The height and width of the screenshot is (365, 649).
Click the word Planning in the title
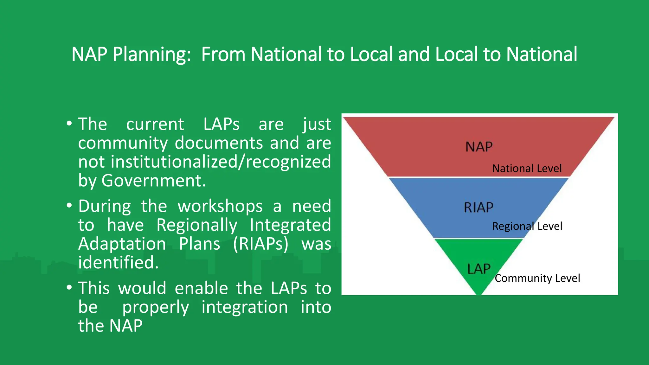(x=151, y=54)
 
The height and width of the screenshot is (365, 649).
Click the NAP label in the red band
(x=479, y=147)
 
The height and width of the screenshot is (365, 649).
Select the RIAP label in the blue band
(x=479, y=208)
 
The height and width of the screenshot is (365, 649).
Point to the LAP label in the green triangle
(x=479, y=269)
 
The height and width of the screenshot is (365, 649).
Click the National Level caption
(x=527, y=168)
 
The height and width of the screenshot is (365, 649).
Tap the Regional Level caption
(x=527, y=226)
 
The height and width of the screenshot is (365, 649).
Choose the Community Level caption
(x=537, y=278)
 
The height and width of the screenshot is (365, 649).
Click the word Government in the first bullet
(x=153, y=181)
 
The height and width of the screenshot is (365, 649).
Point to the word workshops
(x=220, y=206)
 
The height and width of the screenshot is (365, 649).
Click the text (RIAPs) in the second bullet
(x=260, y=244)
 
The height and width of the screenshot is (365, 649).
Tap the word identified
(x=118, y=263)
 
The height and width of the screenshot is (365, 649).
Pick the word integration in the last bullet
(x=245, y=307)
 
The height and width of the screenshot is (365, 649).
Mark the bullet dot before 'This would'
(x=69, y=288)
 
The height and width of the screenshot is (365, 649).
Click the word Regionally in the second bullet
(x=197, y=225)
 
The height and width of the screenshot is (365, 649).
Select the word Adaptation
(x=122, y=244)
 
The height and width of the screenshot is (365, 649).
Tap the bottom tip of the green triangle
(x=479, y=293)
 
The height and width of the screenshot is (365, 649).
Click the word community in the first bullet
(x=123, y=143)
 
